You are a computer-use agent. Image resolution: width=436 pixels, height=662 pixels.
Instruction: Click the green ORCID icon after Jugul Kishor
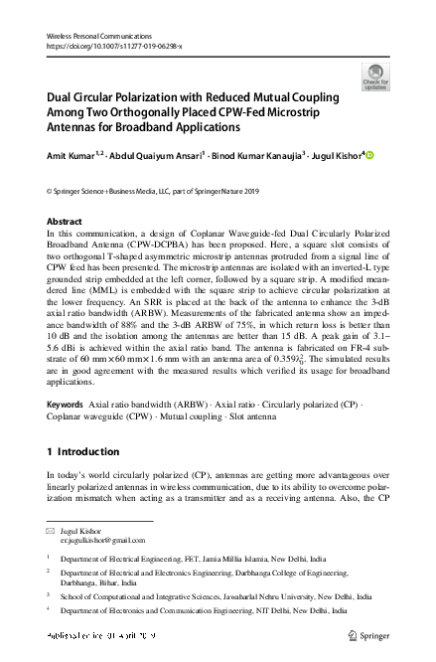click(371, 154)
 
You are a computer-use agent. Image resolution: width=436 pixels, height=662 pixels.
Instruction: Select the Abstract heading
click(66, 221)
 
